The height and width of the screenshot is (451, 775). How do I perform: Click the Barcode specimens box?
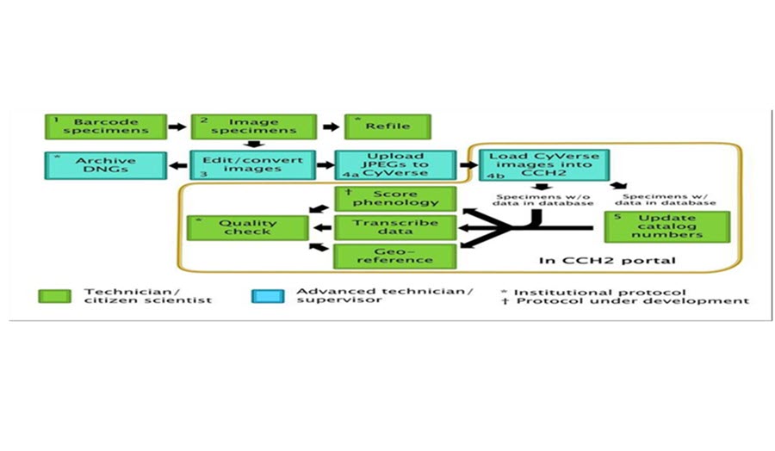click(106, 127)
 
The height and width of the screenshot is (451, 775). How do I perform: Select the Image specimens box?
click(253, 127)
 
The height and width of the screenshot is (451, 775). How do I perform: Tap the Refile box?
click(387, 127)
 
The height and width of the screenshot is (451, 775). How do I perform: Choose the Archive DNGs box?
click(106, 165)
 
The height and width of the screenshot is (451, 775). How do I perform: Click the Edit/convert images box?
click(252, 165)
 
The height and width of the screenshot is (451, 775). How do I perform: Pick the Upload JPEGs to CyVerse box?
click(395, 165)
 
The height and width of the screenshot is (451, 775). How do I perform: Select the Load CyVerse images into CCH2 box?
click(543, 165)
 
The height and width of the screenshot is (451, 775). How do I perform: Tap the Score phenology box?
click(395, 199)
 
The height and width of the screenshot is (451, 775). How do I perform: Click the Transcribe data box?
click(395, 227)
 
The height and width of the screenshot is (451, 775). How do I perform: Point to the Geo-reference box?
click(395, 256)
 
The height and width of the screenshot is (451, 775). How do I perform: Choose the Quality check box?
click(248, 228)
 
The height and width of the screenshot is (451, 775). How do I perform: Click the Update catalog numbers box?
click(666, 226)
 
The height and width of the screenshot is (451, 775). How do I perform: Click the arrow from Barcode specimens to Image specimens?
click(177, 127)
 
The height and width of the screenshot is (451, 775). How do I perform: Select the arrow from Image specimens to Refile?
click(331, 127)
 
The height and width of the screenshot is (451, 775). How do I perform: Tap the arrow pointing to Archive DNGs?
click(178, 165)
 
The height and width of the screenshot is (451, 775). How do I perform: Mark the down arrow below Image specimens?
click(253, 145)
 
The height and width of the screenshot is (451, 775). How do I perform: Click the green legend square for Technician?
click(55, 296)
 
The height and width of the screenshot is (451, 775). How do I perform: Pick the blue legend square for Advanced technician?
click(268, 296)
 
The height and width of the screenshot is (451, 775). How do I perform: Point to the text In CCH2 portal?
click(607, 260)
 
